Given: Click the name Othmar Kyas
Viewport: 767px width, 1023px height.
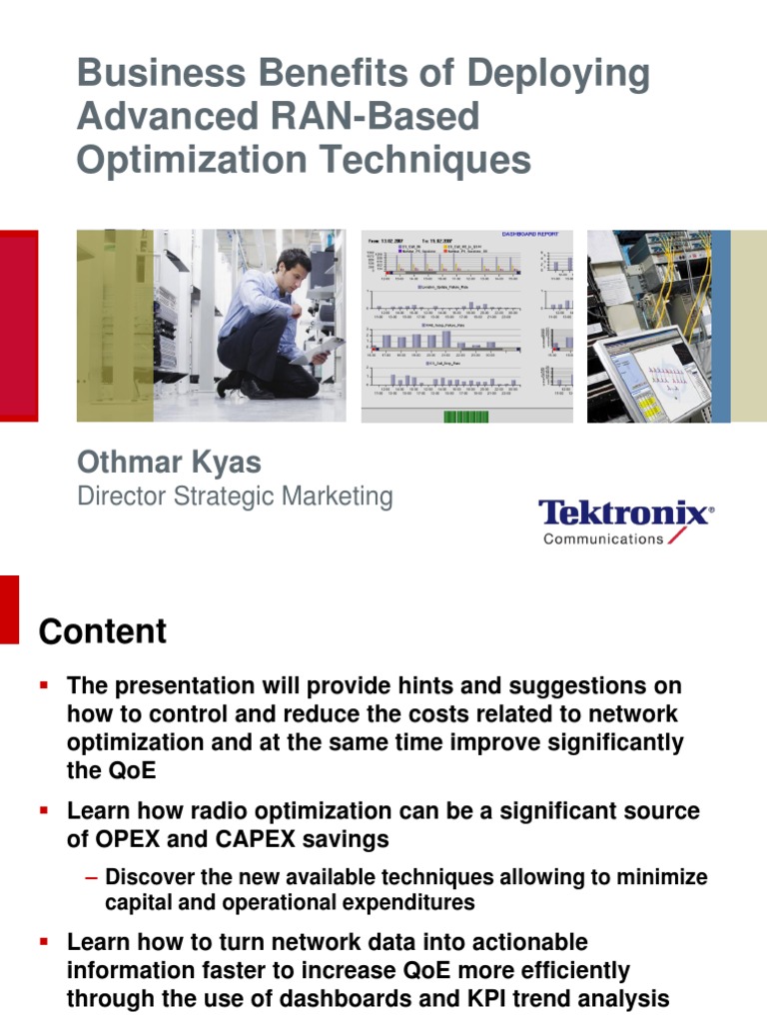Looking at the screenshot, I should click(x=169, y=462).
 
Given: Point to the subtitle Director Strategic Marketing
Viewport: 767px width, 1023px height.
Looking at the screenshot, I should click(x=235, y=497).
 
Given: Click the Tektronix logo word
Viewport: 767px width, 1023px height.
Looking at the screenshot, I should click(x=625, y=513).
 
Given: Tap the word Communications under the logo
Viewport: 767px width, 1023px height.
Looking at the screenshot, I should click(x=602, y=538).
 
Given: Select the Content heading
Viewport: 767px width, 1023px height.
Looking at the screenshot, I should click(x=102, y=632).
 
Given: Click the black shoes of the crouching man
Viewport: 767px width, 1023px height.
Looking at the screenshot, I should click(x=245, y=387).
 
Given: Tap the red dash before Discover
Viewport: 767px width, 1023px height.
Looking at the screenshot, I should click(x=92, y=878).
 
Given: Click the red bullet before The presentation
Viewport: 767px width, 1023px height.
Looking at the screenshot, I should click(x=44, y=686).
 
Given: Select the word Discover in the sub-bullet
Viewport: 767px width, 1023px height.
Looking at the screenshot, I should click(x=149, y=878).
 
